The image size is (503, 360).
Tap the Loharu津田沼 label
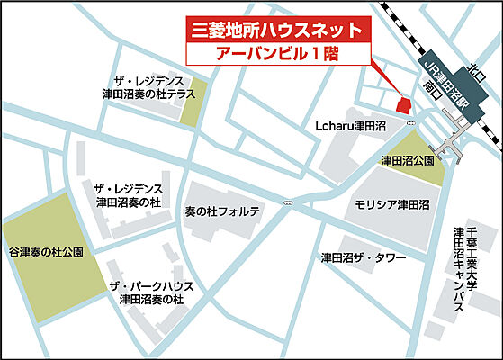(x=351, y=126)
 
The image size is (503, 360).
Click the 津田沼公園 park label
(x=407, y=160)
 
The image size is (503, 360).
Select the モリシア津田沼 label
(x=391, y=205)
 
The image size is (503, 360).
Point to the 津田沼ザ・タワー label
(x=364, y=258)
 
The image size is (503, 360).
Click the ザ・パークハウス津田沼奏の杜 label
(x=146, y=292)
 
